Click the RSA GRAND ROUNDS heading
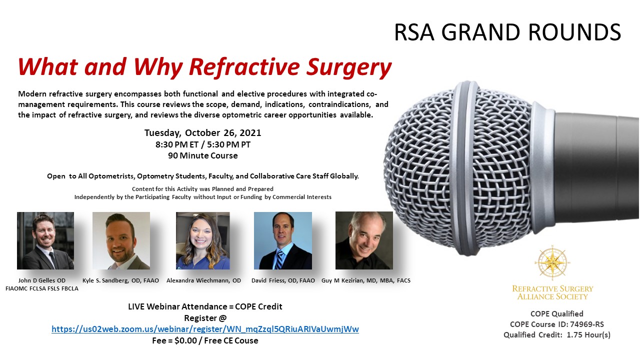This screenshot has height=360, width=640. tap(507, 32)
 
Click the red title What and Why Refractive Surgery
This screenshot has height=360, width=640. tap(204, 67)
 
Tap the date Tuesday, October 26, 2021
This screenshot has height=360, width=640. tap(202, 133)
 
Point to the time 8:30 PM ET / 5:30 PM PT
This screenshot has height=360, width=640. tap(203, 144)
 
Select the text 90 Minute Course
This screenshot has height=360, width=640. tap(203, 155)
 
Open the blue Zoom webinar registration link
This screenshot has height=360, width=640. tap(205, 329)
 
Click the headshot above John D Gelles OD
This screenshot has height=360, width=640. tap(45, 240)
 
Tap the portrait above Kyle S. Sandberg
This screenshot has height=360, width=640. tap(121, 240)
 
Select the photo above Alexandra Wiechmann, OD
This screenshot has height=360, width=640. tap(203, 240)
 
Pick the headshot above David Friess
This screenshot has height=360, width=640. tap(283, 240)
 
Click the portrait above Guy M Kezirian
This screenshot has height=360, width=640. tap(364, 240)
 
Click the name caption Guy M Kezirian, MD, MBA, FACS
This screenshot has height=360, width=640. tap(366, 280)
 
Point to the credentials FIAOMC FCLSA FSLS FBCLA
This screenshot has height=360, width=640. tap(41, 288)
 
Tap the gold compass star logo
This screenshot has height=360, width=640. tap(552, 263)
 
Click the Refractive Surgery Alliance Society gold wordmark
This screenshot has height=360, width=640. tap(552, 293)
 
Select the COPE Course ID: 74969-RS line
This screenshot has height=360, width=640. tap(557, 324)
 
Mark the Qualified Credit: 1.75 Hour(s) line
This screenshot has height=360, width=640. tap(557, 335)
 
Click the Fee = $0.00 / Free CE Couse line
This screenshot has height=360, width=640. tap(205, 340)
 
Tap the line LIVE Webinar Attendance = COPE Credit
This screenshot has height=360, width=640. tap(205, 306)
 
